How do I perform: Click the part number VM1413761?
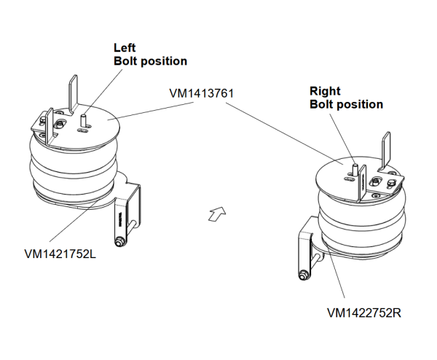click(x=200, y=93)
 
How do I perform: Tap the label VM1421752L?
click(x=60, y=254)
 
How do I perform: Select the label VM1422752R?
click(x=364, y=313)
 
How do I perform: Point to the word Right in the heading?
click(x=325, y=91)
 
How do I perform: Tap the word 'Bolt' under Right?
click(x=323, y=104)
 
